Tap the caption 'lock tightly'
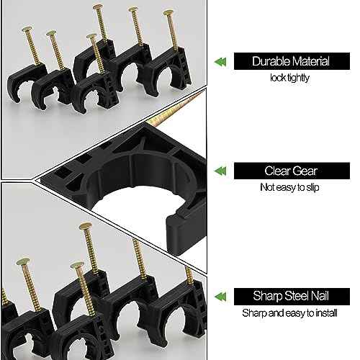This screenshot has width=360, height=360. (x=291, y=78)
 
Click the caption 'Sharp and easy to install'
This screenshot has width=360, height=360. (x=291, y=312)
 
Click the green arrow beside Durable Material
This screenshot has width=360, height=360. (x=219, y=63)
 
